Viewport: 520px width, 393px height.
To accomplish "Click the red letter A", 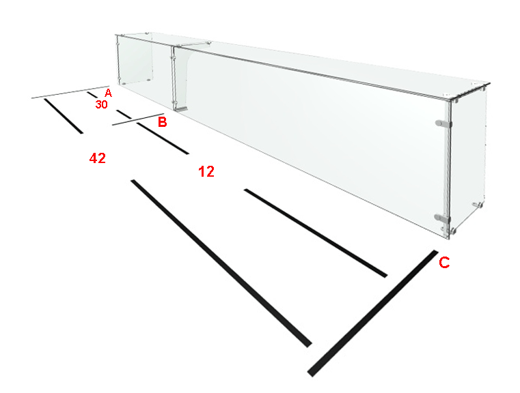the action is (x=108, y=93).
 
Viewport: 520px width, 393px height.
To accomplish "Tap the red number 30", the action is (x=101, y=104).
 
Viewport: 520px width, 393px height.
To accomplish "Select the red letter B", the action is (x=162, y=122).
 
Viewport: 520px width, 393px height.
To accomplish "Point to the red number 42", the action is (x=98, y=158).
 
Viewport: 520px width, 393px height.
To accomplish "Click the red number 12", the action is (x=206, y=171).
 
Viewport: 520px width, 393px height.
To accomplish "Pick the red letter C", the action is (x=444, y=262).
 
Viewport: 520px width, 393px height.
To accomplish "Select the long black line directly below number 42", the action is (x=221, y=263).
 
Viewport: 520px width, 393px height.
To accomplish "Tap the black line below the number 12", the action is (x=316, y=233).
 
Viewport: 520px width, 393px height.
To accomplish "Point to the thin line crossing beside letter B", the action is (x=138, y=119).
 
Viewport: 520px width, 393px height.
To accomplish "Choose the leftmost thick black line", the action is (x=64, y=116).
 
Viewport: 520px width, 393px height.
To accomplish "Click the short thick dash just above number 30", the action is (x=92, y=95).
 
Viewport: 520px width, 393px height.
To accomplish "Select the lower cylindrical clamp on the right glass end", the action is (x=442, y=218).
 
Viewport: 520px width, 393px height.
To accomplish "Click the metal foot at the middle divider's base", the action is (x=181, y=108).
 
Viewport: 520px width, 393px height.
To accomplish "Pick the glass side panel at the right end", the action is (x=467, y=159).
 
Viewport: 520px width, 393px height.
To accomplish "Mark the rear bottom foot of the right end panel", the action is (x=478, y=205).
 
